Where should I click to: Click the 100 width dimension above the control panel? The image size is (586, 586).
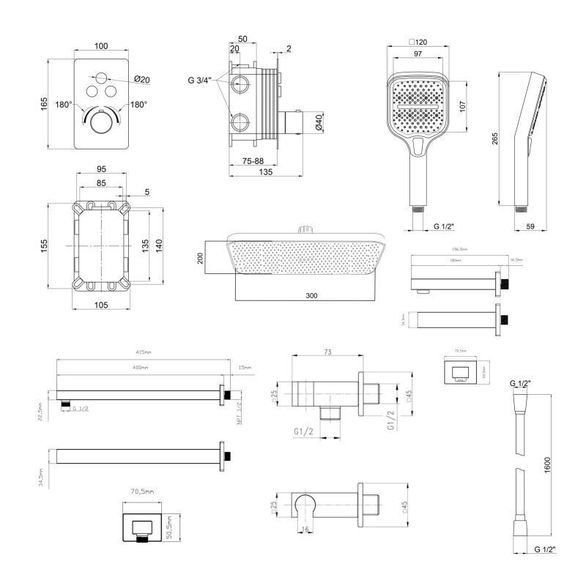(x=101, y=46)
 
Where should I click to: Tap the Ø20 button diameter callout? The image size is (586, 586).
(x=142, y=80)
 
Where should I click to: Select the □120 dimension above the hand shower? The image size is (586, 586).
(x=418, y=43)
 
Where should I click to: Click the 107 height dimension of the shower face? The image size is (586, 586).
(x=461, y=105)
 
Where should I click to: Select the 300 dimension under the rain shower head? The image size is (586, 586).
(x=311, y=295)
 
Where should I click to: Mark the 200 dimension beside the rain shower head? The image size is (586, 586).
(x=199, y=259)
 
